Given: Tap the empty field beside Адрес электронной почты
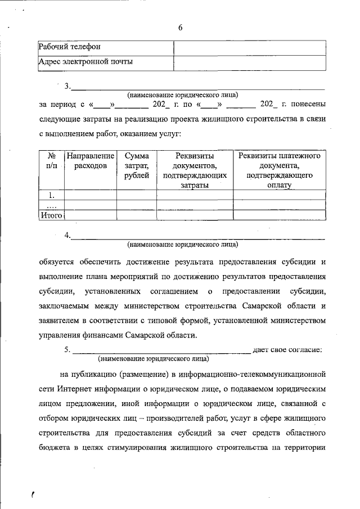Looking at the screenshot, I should click(x=249, y=62).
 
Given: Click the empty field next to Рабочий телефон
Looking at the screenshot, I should click(x=249, y=47).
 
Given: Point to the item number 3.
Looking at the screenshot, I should click(x=67, y=86).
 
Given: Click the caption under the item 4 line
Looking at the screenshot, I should click(x=183, y=245).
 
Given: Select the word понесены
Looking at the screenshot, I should click(x=308, y=104).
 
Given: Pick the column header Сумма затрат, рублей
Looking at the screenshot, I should click(x=137, y=166).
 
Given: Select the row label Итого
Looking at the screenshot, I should click(x=51, y=215).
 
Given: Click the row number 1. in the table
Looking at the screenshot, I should click(x=51, y=195).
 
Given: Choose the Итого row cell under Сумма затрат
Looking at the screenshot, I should click(x=137, y=215).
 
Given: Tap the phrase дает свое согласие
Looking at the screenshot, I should click(x=288, y=350).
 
